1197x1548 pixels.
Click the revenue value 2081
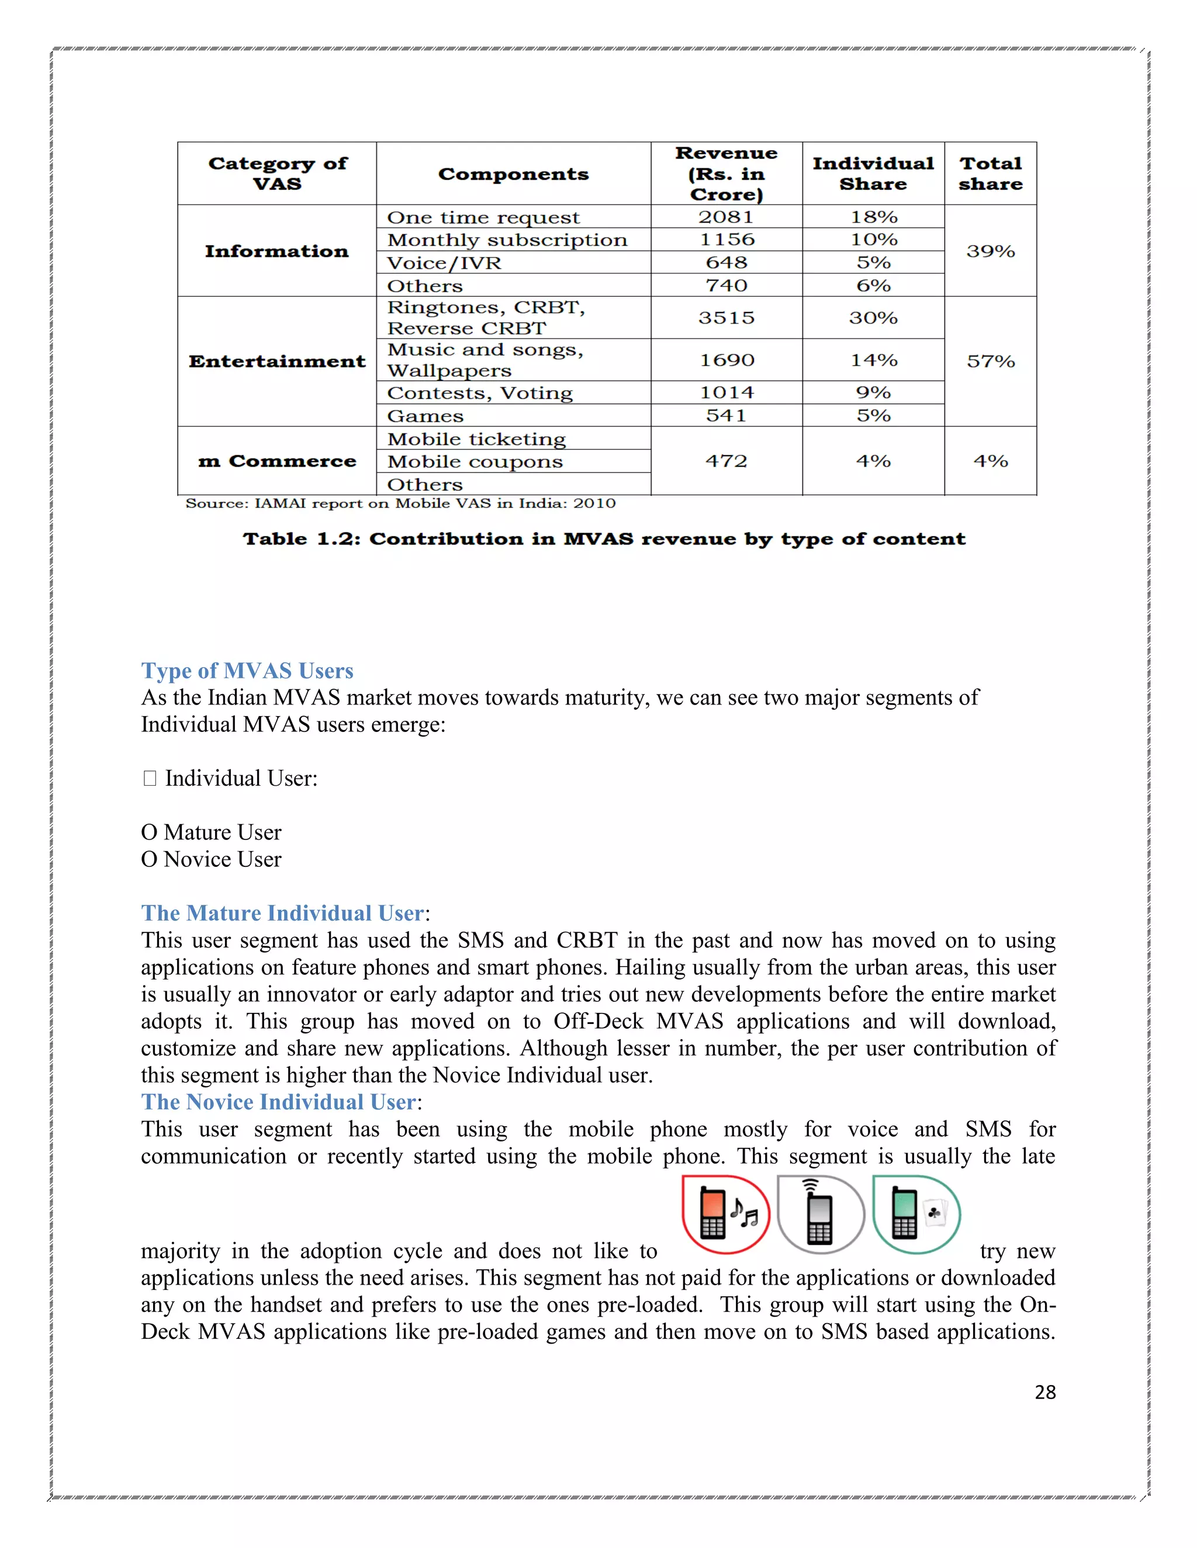725,217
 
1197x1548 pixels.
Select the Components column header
513,174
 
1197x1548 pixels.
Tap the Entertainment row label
276,362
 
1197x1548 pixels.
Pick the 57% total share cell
990,362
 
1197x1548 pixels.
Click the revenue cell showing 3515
725,318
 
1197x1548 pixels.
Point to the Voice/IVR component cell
444,263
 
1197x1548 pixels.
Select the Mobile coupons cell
475,461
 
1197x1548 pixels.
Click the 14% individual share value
873,360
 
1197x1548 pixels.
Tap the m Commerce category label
276,461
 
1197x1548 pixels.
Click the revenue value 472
725,461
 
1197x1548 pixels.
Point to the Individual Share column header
873,174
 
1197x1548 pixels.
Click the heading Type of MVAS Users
247,671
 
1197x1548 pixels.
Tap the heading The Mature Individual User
282,913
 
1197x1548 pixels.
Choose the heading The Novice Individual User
278,1102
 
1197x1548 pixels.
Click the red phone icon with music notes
725,1214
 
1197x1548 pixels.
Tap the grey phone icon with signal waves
821,1214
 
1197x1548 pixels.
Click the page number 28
1044,1392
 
